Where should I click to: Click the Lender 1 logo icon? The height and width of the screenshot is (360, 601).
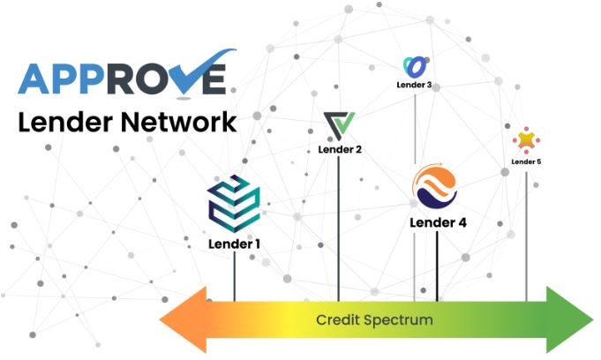(x=234, y=202)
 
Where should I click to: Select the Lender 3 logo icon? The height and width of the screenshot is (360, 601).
(x=415, y=65)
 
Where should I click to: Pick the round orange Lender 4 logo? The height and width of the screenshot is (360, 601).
(x=437, y=186)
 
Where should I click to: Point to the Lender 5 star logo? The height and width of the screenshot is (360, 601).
(x=526, y=139)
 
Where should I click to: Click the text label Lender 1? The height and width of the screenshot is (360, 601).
(x=234, y=244)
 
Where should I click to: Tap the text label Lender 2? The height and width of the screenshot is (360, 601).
(x=340, y=150)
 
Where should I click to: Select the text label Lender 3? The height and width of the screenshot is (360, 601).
(x=415, y=86)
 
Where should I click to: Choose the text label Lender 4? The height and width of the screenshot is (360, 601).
(x=438, y=222)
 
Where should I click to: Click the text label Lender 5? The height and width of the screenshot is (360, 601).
(x=526, y=161)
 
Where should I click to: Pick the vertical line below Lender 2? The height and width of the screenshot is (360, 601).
(x=339, y=229)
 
